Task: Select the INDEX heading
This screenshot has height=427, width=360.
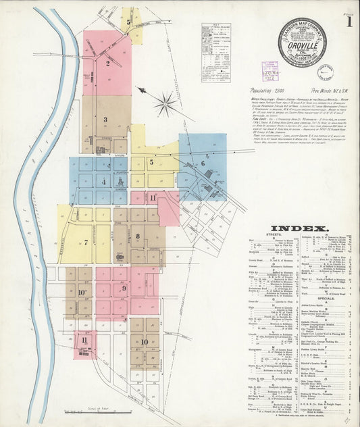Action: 299,228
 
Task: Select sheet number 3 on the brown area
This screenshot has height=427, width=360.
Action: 106,119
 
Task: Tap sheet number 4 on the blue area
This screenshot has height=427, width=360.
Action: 103,181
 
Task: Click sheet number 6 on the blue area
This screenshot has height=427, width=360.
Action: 202,163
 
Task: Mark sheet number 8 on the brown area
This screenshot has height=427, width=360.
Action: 138,236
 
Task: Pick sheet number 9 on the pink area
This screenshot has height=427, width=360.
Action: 124,288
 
